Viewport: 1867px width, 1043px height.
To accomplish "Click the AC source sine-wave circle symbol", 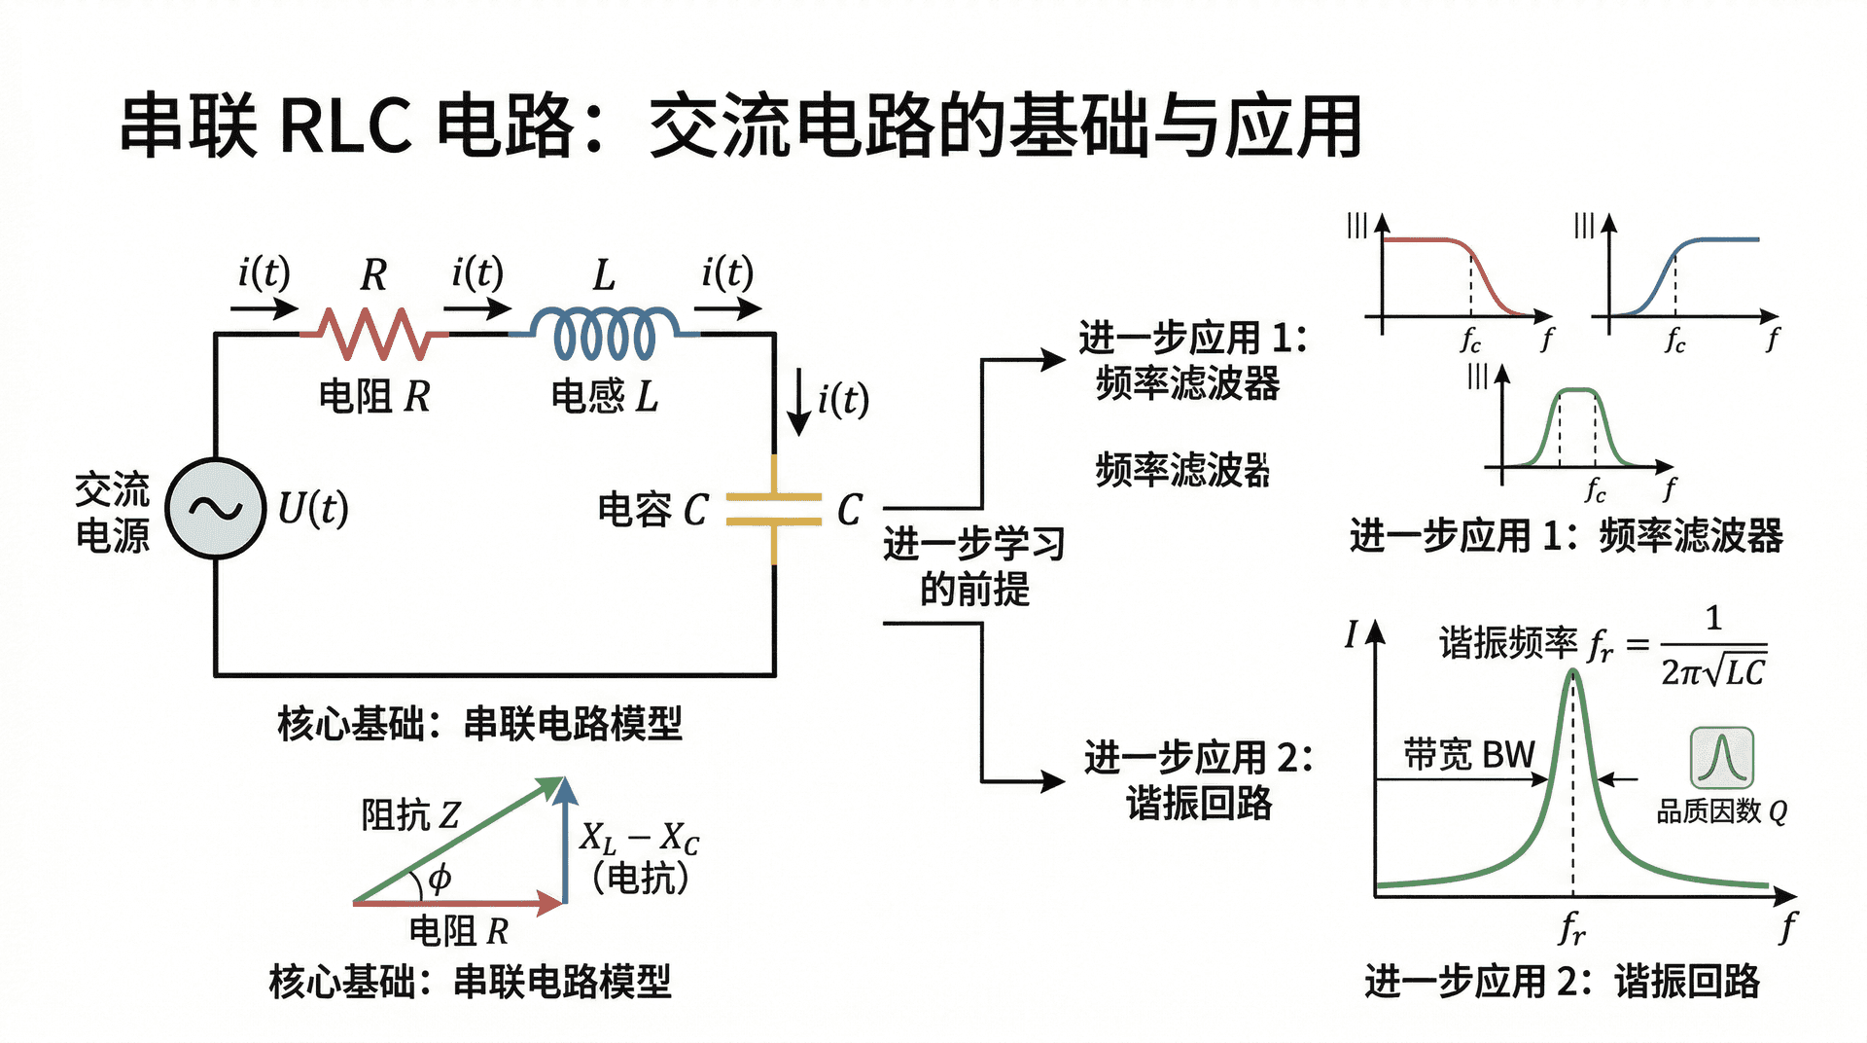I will (215, 508).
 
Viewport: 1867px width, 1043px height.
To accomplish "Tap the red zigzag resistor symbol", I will (374, 333).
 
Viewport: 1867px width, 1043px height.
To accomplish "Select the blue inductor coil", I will (604, 333).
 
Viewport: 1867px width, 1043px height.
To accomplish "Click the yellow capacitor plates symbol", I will (774, 509).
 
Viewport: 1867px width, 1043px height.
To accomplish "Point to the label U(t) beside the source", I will (312, 508).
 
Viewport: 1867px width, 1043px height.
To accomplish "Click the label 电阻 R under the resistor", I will (374, 396).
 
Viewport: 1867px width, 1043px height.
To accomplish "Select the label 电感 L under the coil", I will (604, 396).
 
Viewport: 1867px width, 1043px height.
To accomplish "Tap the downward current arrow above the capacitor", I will (798, 402).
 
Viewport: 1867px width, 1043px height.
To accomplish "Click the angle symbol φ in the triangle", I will (440, 878).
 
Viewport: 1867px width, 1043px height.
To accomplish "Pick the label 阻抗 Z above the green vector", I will (410, 814).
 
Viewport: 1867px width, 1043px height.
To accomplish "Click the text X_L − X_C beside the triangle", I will (639, 838).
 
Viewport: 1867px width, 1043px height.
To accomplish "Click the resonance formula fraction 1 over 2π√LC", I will (1712, 647).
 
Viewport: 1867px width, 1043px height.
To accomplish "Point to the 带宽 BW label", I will (1468, 754).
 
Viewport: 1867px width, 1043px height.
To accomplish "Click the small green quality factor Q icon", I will (1721, 758).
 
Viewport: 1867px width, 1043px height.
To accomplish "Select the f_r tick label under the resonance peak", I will (1571, 927).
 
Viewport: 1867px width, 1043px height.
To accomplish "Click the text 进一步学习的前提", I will (973, 566).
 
